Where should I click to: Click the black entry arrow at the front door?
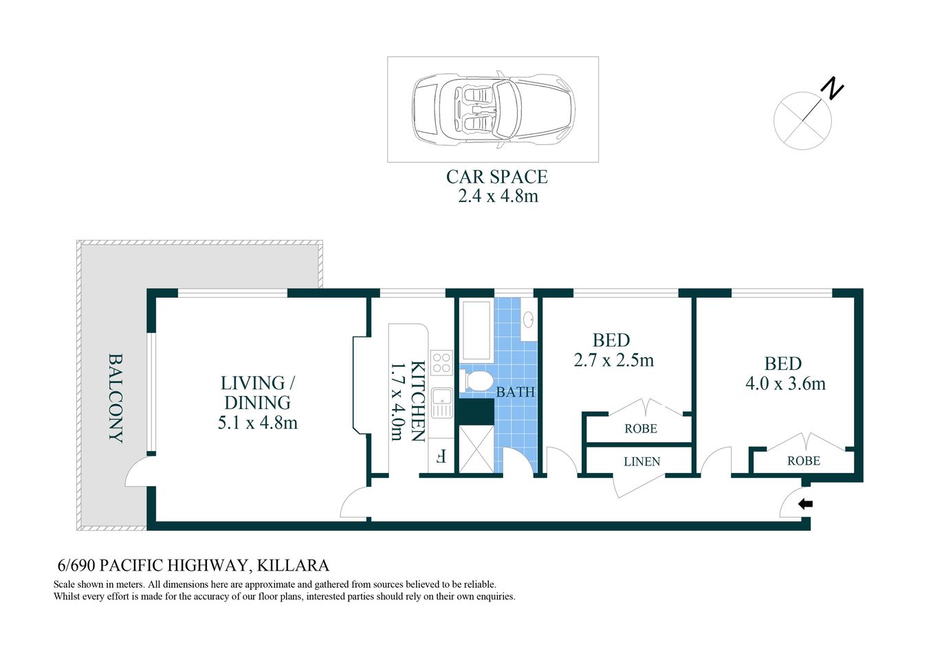pyautogui.click(x=805, y=504)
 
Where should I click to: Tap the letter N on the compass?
pyautogui.click(x=832, y=89)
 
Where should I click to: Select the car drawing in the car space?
pyautogui.click(x=493, y=109)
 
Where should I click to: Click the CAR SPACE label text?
pyautogui.click(x=496, y=177)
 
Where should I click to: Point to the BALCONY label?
pyautogui.click(x=116, y=398)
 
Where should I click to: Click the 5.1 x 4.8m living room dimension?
pyautogui.click(x=257, y=423)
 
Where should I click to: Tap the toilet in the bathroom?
pyautogui.click(x=479, y=380)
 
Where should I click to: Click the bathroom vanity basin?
pyautogui.click(x=529, y=320)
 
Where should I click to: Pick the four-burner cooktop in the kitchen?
pyautogui.click(x=441, y=362)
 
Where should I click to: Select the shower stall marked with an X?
pyautogui.click(x=476, y=449)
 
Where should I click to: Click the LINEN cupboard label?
pyautogui.click(x=641, y=462)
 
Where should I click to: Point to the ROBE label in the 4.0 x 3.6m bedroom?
pyautogui.click(x=803, y=461)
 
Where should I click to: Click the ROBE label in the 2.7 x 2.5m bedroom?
pyautogui.click(x=641, y=429)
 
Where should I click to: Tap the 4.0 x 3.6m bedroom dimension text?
pyautogui.click(x=785, y=384)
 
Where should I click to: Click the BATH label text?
pyautogui.click(x=515, y=393)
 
